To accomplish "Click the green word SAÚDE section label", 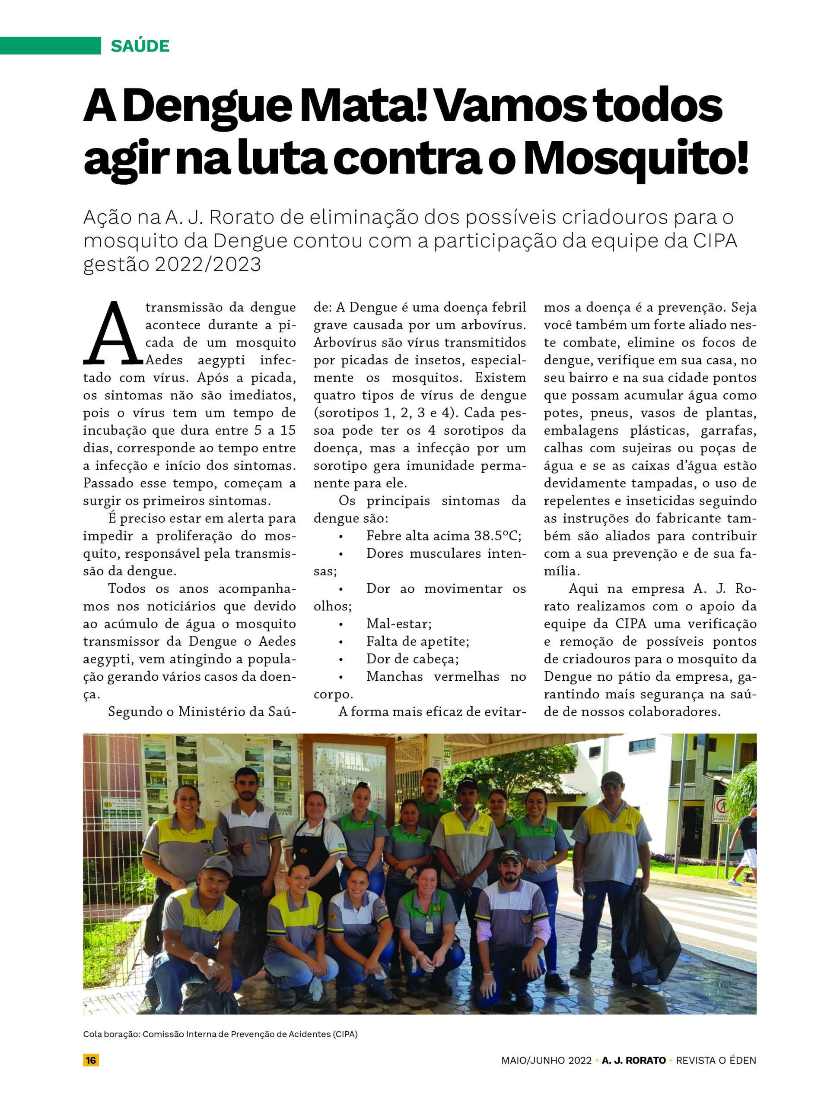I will click(x=140, y=46).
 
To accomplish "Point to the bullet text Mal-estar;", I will click(x=399, y=624).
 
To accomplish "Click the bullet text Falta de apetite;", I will click(x=417, y=641).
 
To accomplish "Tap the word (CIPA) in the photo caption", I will click(x=345, y=1034).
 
